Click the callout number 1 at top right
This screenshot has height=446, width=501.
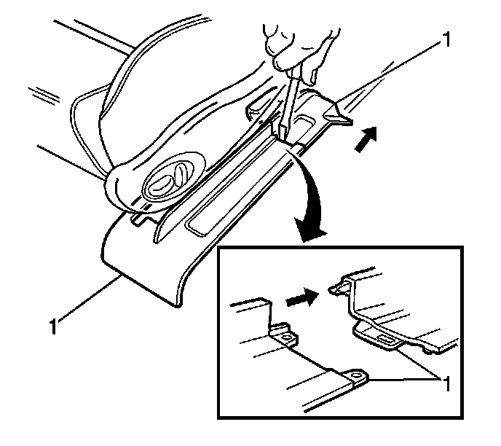pyautogui.click(x=446, y=39)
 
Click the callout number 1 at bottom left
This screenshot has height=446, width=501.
pyautogui.click(x=53, y=326)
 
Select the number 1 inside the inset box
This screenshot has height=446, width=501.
pyautogui.click(x=446, y=383)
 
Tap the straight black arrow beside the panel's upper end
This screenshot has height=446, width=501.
pyautogui.click(x=366, y=138)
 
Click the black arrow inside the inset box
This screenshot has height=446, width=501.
pyautogui.click(x=302, y=297)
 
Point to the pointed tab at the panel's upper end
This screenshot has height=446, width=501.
pyautogui.click(x=339, y=115)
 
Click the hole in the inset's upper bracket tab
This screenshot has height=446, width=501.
pyautogui.click(x=287, y=337)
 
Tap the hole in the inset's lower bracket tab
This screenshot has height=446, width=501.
pyautogui.click(x=355, y=375)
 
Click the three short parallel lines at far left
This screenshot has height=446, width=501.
pyautogui.click(x=44, y=95)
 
